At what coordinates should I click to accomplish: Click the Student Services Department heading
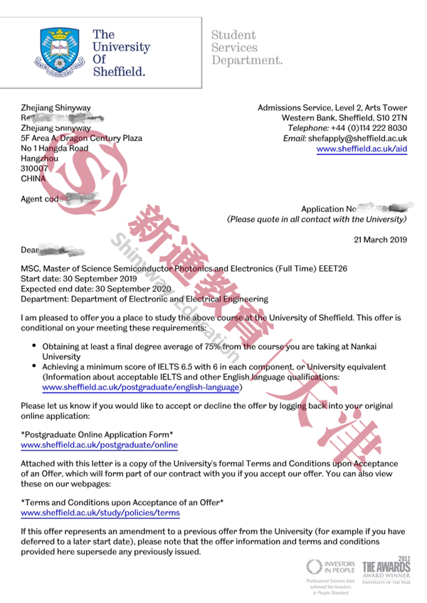pos(246,46)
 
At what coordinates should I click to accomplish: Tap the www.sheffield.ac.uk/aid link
pos(362,149)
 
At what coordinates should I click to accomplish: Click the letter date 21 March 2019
pos(381,239)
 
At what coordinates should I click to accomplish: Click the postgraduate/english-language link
pos(142,388)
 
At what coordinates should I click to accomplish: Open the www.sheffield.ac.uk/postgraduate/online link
pos(99,445)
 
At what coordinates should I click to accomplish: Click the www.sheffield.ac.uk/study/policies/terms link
pos(100,513)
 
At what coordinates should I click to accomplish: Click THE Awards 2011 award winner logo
pos(386,567)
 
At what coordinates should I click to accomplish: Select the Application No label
pos(328,209)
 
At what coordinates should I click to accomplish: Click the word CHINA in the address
pos(33,179)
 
